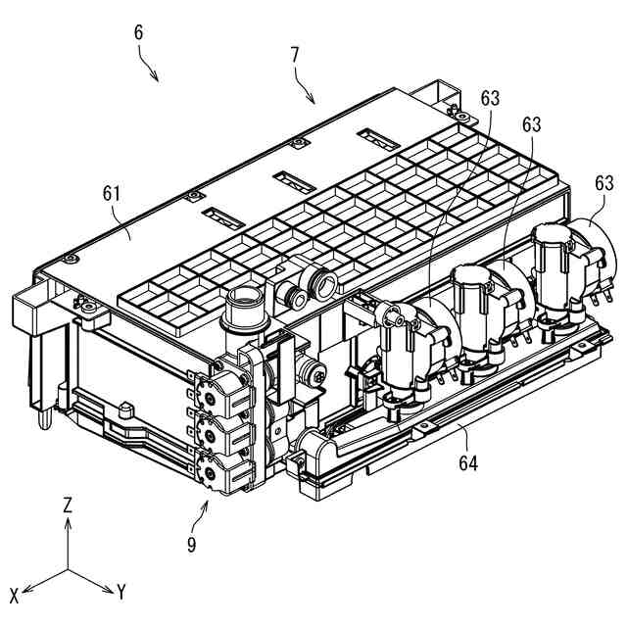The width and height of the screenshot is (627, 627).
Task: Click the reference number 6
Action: (x=138, y=31)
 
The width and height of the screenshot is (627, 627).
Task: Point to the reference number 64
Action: (x=467, y=461)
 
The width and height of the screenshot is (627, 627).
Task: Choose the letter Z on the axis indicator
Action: (x=68, y=506)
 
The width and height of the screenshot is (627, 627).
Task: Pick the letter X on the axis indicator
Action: (x=15, y=595)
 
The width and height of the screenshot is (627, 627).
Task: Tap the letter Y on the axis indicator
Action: (x=121, y=592)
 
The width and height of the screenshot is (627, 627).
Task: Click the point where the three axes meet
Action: (x=68, y=570)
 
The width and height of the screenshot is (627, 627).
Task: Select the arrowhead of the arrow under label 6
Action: (x=158, y=81)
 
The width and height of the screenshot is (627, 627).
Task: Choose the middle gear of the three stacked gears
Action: (x=207, y=429)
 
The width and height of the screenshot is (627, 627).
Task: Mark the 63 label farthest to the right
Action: (x=603, y=183)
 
